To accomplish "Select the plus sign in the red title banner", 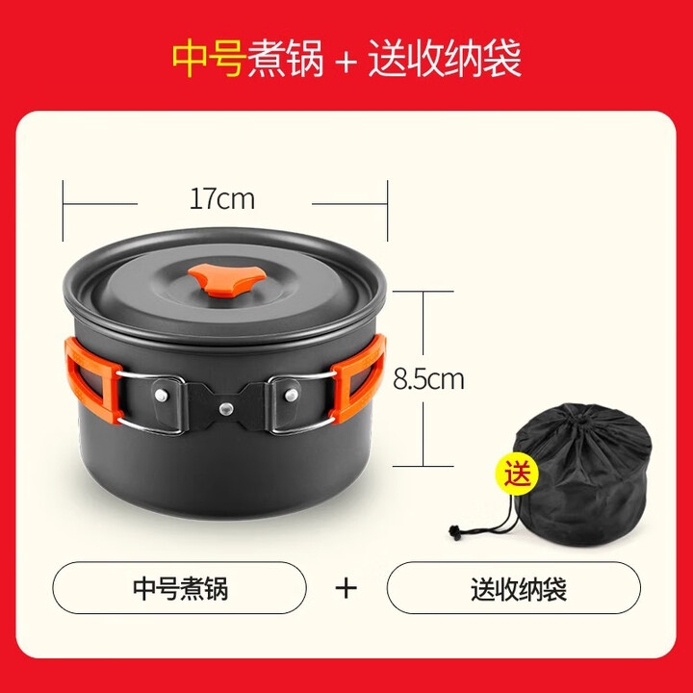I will (x=346, y=59).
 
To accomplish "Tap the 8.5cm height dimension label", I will (x=428, y=378).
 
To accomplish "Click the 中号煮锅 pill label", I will (x=180, y=587).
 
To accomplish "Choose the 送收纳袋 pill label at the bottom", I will (x=513, y=587).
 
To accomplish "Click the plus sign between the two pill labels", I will (x=346, y=588).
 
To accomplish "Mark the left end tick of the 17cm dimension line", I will (x=64, y=204).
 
